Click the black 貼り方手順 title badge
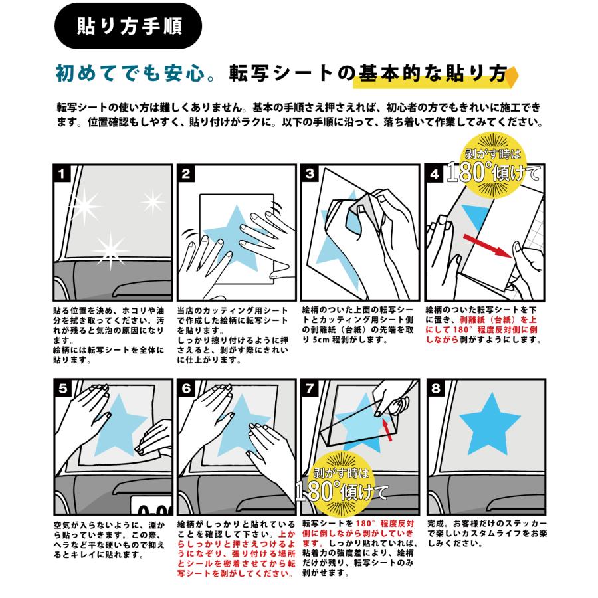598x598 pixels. [128, 26]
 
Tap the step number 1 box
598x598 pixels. [62, 174]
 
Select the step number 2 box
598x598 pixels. [186, 174]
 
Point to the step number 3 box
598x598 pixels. [310, 174]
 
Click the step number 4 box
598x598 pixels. [434, 174]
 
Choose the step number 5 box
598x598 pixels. [62, 388]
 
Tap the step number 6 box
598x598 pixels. [187, 388]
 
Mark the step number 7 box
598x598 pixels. [310, 388]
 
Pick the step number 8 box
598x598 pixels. [435, 388]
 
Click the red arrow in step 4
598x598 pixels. [488, 247]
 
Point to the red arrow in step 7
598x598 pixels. [387, 429]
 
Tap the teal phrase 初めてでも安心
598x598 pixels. [130, 73]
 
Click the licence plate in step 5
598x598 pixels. [151, 506]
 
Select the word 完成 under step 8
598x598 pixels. [435, 524]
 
